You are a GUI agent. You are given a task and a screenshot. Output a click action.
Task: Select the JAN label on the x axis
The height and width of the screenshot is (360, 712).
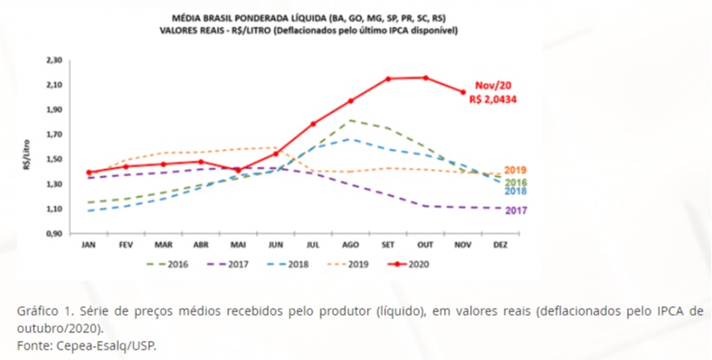point(88,245)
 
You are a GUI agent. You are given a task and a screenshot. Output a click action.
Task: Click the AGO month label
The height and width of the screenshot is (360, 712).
point(351,245)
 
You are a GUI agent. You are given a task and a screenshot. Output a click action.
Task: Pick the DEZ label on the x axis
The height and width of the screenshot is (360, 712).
point(501,245)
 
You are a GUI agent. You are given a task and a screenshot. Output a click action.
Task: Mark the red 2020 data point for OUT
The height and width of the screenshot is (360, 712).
point(426,78)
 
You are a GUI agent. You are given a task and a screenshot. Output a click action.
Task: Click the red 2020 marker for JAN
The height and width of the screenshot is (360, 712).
point(88,173)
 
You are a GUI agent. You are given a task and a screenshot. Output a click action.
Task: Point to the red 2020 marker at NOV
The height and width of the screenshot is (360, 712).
point(463,92)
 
